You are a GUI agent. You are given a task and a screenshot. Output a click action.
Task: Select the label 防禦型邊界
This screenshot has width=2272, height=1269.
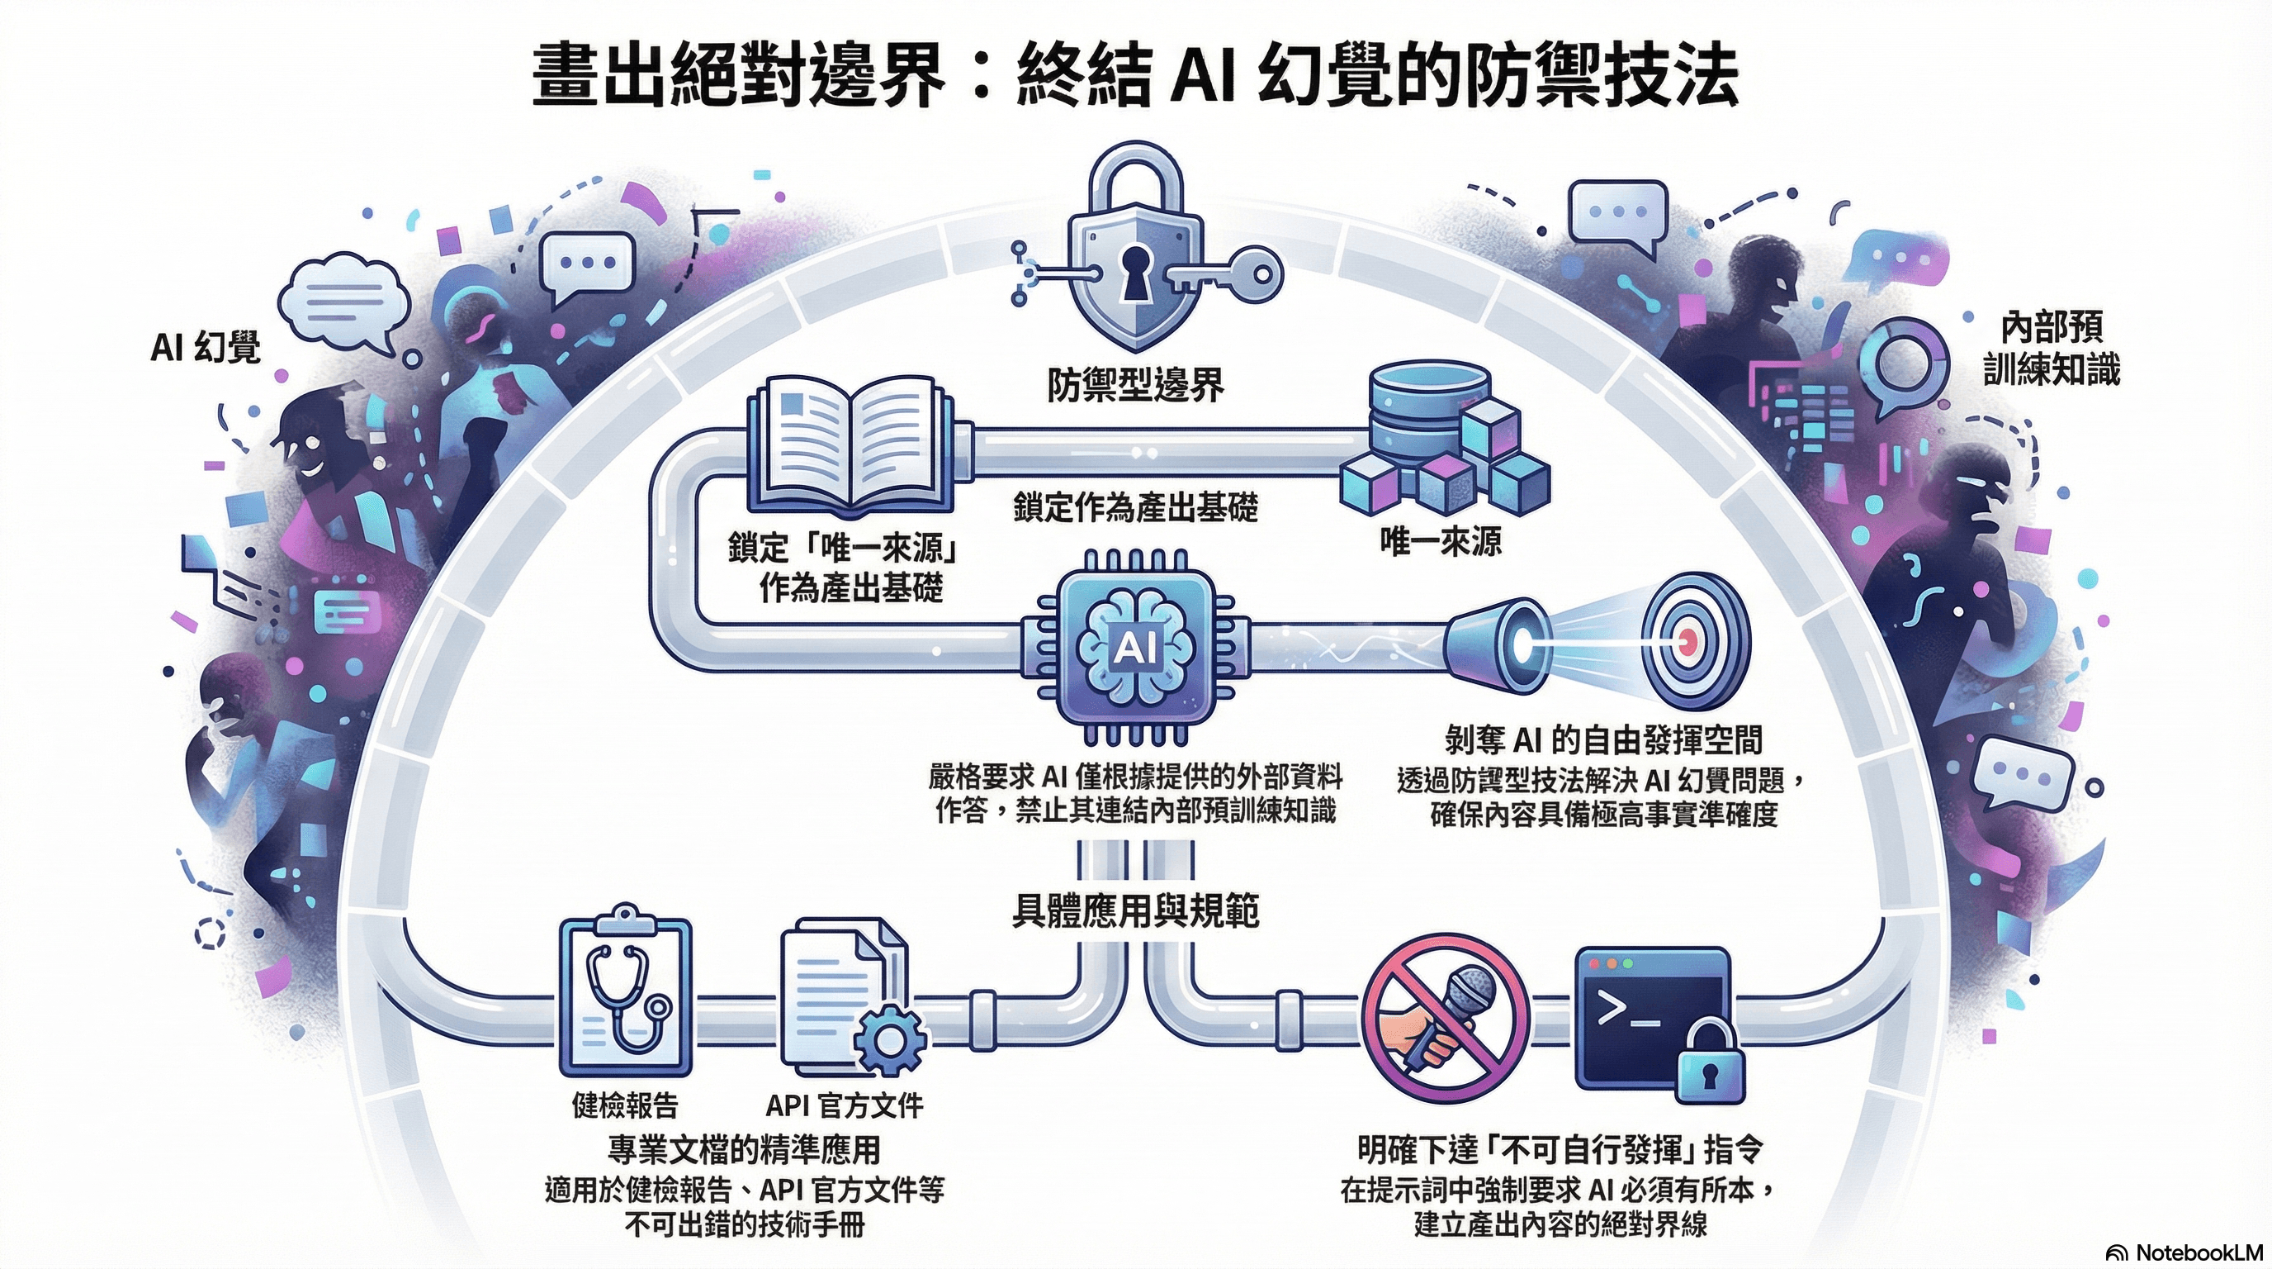tap(1136, 385)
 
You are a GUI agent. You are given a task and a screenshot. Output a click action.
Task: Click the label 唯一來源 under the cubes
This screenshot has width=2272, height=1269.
tap(1441, 541)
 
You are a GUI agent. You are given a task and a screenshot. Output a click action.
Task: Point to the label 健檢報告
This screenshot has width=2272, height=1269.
tap(625, 1104)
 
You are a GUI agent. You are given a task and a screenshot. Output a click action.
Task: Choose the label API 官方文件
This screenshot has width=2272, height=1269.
tap(844, 1104)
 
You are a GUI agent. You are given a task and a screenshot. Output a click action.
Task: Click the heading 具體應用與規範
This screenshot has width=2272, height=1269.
tap(1135, 910)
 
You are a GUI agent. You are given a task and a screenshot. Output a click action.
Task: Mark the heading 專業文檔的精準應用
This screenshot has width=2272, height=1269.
tap(745, 1149)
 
